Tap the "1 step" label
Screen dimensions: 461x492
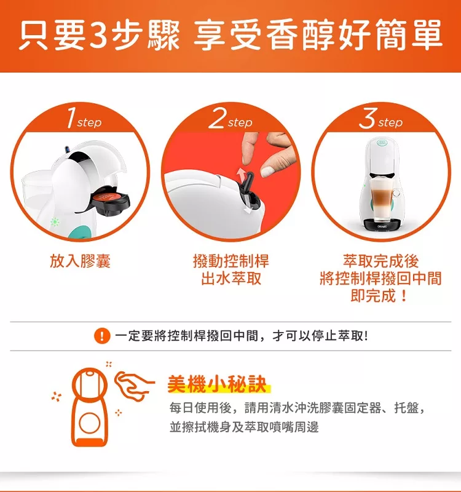84,118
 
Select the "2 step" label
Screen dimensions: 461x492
230,118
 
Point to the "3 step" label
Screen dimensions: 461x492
381,118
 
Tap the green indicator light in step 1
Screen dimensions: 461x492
55,222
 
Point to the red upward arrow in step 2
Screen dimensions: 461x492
241,173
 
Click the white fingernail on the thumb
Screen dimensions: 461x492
267,172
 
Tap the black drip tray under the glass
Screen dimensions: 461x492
382,224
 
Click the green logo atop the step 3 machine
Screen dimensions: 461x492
382,143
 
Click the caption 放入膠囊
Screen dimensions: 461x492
80,261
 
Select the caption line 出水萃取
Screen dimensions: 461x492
231,279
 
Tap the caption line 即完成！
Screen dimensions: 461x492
380,296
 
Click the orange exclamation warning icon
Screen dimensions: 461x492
102,336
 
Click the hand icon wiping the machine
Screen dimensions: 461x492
134,385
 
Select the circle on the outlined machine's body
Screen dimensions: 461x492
90,423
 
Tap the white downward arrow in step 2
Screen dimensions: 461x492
249,210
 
